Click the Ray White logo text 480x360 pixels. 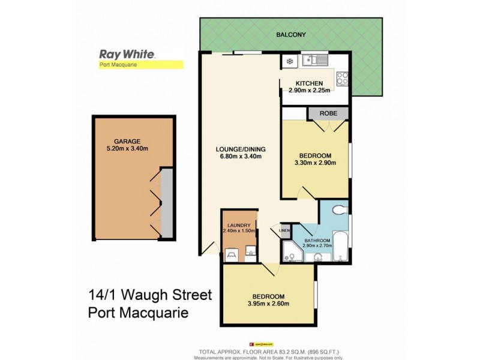point(127,54)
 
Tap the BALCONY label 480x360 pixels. point(291,35)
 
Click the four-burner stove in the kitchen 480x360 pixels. point(343,78)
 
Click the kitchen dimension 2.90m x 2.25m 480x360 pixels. point(310,90)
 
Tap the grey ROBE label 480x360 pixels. point(328,113)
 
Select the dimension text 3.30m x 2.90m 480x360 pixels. point(315,162)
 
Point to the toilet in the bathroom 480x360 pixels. point(338,211)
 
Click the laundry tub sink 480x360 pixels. point(251,252)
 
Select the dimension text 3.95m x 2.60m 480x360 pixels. point(269,304)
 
